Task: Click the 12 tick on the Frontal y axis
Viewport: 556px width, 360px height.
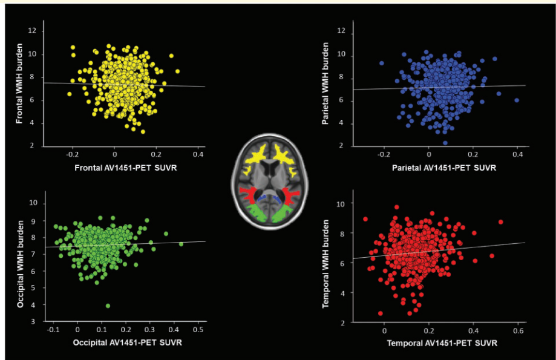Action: tap(32, 31)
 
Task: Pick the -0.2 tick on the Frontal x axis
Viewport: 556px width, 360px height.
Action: tap(73, 155)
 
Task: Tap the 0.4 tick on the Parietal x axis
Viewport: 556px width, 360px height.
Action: tap(517, 155)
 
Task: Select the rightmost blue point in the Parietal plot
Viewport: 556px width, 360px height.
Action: tap(517, 100)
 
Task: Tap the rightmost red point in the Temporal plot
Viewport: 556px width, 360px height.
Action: tap(500, 222)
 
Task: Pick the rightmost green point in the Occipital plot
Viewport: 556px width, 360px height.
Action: tap(181, 244)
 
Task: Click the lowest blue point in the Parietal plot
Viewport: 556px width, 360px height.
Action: tap(445, 143)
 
